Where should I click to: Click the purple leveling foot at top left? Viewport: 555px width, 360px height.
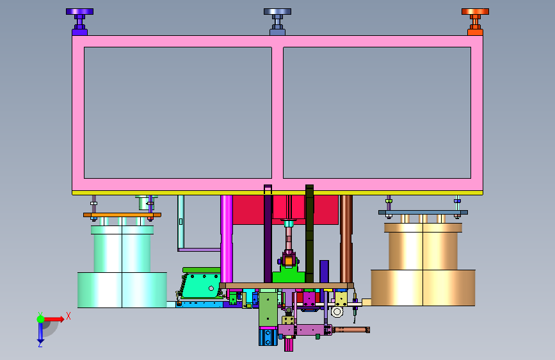79,22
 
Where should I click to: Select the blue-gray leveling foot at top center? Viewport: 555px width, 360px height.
278,22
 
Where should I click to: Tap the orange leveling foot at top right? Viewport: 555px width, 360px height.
475,22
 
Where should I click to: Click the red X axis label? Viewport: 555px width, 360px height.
68,316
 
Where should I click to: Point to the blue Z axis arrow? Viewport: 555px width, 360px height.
40,333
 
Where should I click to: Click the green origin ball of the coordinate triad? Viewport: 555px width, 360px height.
41,319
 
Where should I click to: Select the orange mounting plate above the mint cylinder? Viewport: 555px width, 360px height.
122,215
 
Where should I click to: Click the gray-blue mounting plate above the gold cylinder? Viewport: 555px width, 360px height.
423,212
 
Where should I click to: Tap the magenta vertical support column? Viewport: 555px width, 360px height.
227,239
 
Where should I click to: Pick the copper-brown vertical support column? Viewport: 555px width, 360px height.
346,239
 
